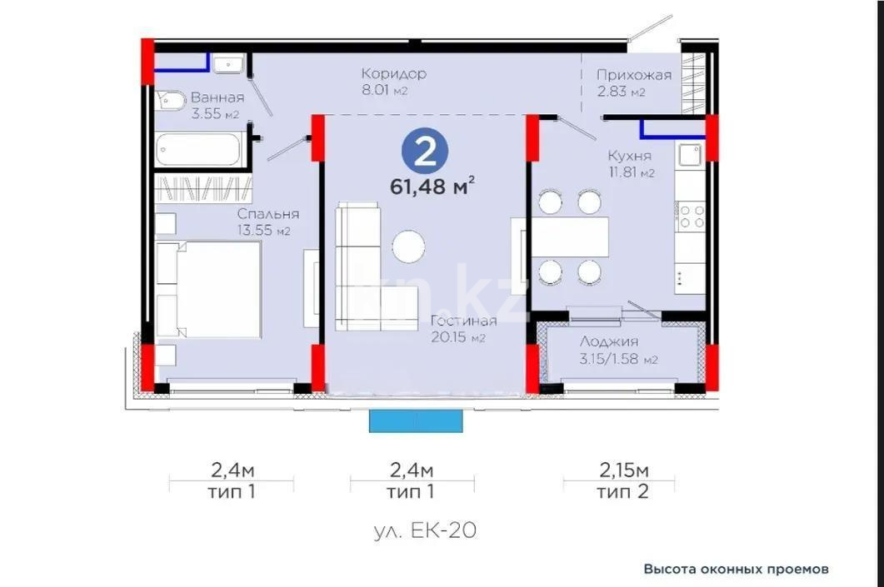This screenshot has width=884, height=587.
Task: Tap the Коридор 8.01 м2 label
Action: (394, 82)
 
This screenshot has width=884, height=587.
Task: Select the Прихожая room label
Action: (633, 82)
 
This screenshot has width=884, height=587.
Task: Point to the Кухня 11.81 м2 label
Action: (630, 164)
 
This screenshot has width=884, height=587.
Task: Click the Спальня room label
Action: (267, 221)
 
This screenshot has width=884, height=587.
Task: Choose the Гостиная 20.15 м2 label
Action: (463, 329)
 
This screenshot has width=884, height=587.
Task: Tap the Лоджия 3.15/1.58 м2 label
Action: (617, 350)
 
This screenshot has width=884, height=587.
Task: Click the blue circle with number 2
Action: (425, 151)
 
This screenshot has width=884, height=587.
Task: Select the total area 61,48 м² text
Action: (432, 185)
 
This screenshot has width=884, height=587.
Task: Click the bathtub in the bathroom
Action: (199, 150)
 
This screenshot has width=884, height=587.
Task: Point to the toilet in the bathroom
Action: (171, 99)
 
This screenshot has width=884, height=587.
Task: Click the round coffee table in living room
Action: (408, 246)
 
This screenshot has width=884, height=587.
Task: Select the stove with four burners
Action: (691, 216)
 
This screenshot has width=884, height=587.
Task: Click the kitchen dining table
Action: (570, 237)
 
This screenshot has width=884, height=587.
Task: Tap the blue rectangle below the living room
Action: (416, 421)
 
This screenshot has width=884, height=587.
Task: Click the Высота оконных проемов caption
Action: (736, 570)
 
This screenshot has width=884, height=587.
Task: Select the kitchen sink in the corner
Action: (689, 155)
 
